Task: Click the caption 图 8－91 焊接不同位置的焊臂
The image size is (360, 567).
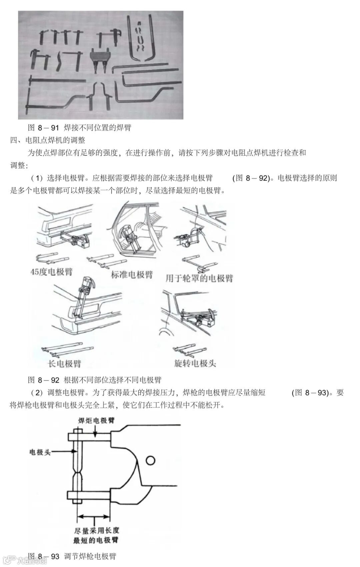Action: pyautogui.click(x=80, y=127)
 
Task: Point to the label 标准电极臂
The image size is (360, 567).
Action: pyautogui.click(x=132, y=274)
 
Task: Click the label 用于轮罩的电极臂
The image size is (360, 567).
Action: pyautogui.click(x=199, y=278)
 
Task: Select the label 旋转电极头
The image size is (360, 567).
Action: pyautogui.click(x=195, y=363)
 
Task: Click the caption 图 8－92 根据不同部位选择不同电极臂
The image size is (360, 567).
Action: pyautogui.click(x=95, y=380)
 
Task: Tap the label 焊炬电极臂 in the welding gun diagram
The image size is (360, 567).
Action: pyautogui.click(x=96, y=420)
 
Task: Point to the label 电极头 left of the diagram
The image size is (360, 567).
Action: pyautogui.click(x=40, y=452)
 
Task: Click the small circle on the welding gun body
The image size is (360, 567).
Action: pyautogui.click(x=150, y=461)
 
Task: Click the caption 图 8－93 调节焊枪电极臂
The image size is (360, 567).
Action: pyautogui.click(x=72, y=556)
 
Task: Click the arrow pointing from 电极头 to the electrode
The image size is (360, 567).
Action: pyautogui.click(x=63, y=452)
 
